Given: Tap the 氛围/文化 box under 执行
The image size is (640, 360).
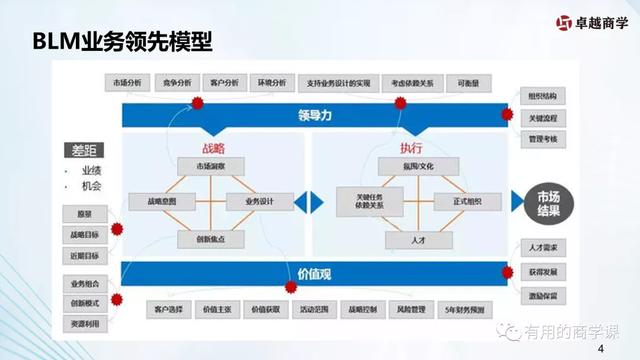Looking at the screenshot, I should [x=418, y=166].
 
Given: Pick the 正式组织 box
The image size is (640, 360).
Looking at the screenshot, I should [x=467, y=201].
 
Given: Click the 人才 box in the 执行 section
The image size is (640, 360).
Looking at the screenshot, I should [x=418, y=240].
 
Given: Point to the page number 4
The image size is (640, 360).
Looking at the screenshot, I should [x=600, y=349].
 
